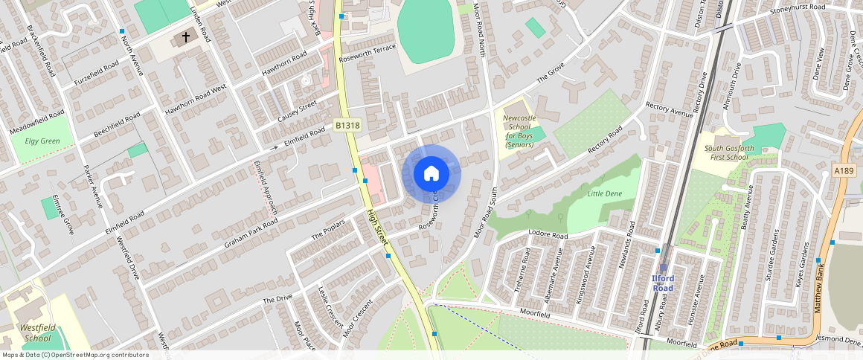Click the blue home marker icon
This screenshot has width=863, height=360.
[431, 174]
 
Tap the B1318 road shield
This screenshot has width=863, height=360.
[347, 126]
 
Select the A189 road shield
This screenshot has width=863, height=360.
[844, 171]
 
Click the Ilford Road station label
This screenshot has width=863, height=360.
[663, 283]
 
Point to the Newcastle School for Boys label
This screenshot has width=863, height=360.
[519, 131]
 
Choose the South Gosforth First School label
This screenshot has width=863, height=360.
[726, 152]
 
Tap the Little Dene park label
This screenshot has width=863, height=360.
[603, 193]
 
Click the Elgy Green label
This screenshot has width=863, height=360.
[42, 141]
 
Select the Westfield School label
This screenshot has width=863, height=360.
[36, 332]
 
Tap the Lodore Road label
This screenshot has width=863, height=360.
[548, 235]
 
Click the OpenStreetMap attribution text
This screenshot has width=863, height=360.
[76, 355]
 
